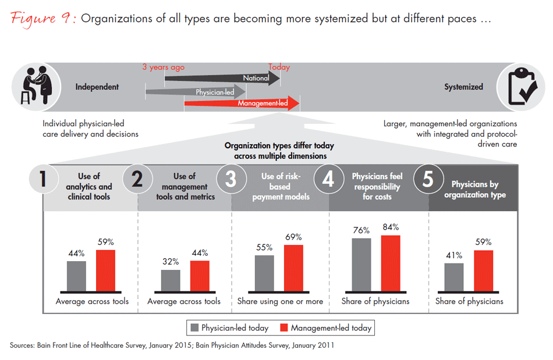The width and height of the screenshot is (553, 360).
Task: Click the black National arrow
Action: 221,78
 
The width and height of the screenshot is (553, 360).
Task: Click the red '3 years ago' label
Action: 164,67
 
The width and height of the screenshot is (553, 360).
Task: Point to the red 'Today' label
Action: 279,67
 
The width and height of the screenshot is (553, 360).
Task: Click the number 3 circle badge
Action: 231,180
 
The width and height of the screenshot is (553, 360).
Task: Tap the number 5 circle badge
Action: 427,180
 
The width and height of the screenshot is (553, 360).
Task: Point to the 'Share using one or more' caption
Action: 280,301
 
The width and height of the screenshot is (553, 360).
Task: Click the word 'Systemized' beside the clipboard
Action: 463,87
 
